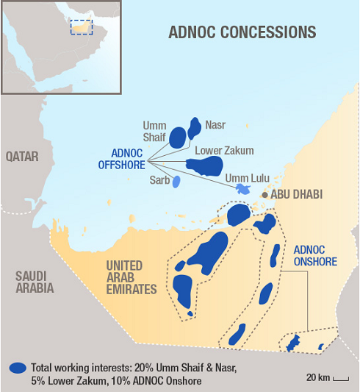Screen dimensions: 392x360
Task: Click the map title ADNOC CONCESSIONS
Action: (x=242, y=32)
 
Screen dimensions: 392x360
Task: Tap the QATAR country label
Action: (x=21, y=157)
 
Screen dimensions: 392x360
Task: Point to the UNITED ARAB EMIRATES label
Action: (x=132, y=277)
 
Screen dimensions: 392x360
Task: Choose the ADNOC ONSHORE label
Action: (x=314, y=255)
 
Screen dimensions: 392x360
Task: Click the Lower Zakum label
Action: (x=224, y=151)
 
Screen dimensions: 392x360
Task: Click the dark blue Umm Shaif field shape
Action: (x=178, y=137)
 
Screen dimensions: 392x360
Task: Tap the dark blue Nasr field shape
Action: (x=195, y=128)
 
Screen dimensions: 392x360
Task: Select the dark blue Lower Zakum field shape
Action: (x=203, y=165)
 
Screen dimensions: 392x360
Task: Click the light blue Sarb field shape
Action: (x=176, y=182)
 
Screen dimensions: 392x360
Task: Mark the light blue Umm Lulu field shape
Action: (x=242, y=189)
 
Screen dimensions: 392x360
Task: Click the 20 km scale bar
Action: (x=340, y=378)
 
